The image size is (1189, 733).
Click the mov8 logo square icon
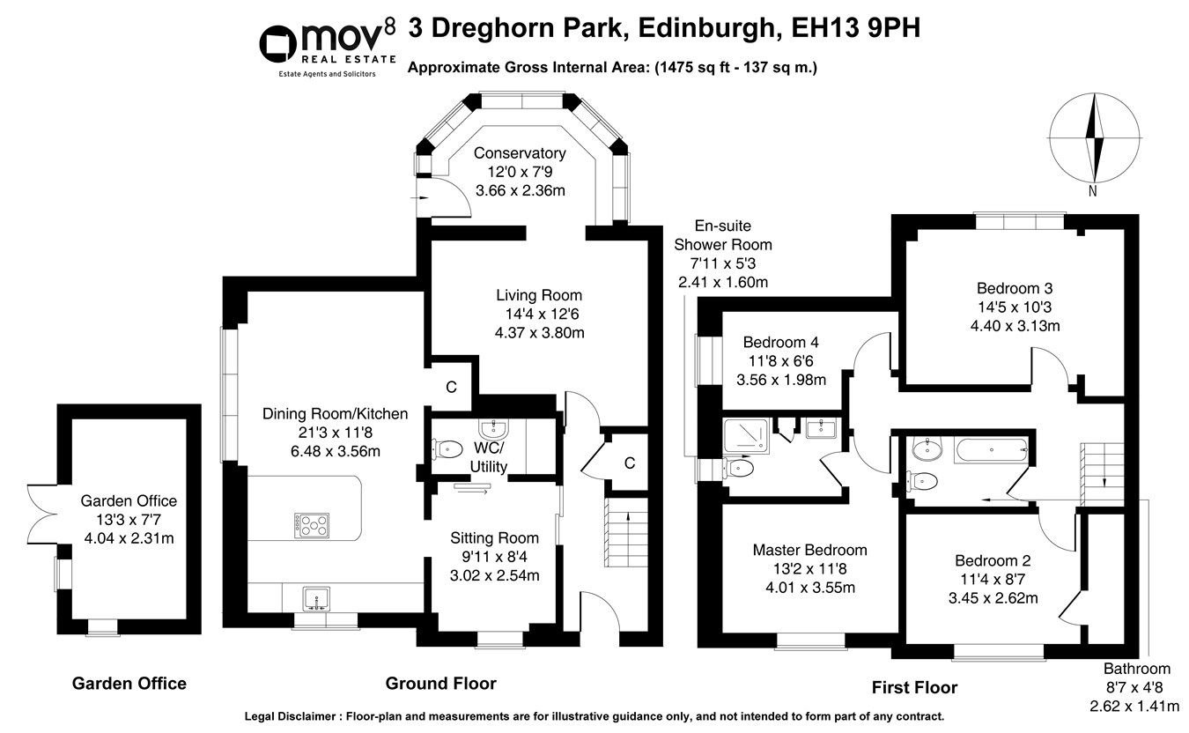tap(280, 43)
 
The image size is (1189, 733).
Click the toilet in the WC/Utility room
tap(447, 448)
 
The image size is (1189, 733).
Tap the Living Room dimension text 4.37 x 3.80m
tap(540, 332)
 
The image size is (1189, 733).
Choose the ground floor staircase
tap(619, 533)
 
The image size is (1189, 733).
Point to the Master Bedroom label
tap(809, 550)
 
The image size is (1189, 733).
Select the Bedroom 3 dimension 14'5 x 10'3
tap(1014, 307)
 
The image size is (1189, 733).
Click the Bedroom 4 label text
tap(787, 343)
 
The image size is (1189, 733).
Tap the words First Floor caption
tap(914, 687)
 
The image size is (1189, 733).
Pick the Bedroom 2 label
tap(993, 560)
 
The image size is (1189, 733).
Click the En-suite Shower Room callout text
tap(722, 244)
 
